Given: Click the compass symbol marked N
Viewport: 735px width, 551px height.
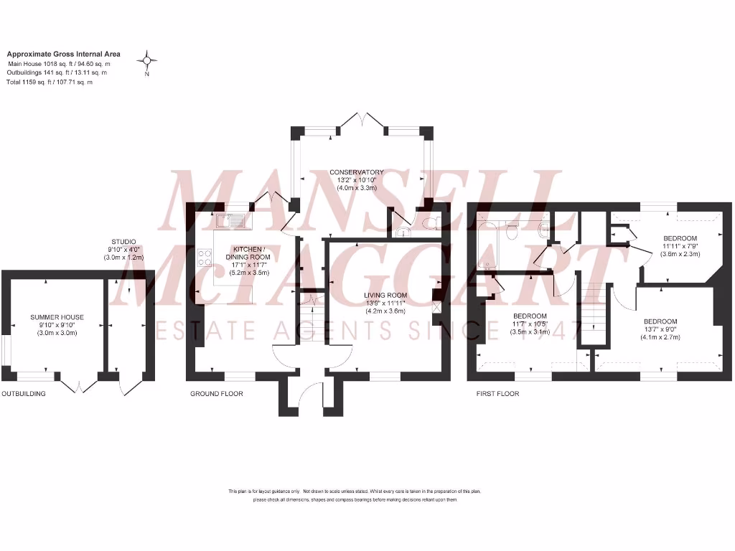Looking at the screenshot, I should coord(147,60).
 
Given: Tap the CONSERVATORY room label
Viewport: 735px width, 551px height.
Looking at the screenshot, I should coord(357,172).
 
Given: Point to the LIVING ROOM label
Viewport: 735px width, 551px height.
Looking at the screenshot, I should coord(385,295).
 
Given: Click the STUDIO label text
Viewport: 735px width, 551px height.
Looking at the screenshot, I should coord(123,242).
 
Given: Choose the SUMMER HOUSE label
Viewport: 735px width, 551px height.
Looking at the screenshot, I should coord(57,316).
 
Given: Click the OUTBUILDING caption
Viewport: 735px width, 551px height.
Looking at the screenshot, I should coord(23,394).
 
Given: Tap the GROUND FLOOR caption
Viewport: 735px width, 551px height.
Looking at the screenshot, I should coord(216,394).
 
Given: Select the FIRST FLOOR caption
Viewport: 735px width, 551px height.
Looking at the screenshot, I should coord(498,394).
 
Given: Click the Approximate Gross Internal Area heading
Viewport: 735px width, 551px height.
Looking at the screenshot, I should coord(63,54).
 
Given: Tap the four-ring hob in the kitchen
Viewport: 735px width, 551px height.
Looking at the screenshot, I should coord(205,258).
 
